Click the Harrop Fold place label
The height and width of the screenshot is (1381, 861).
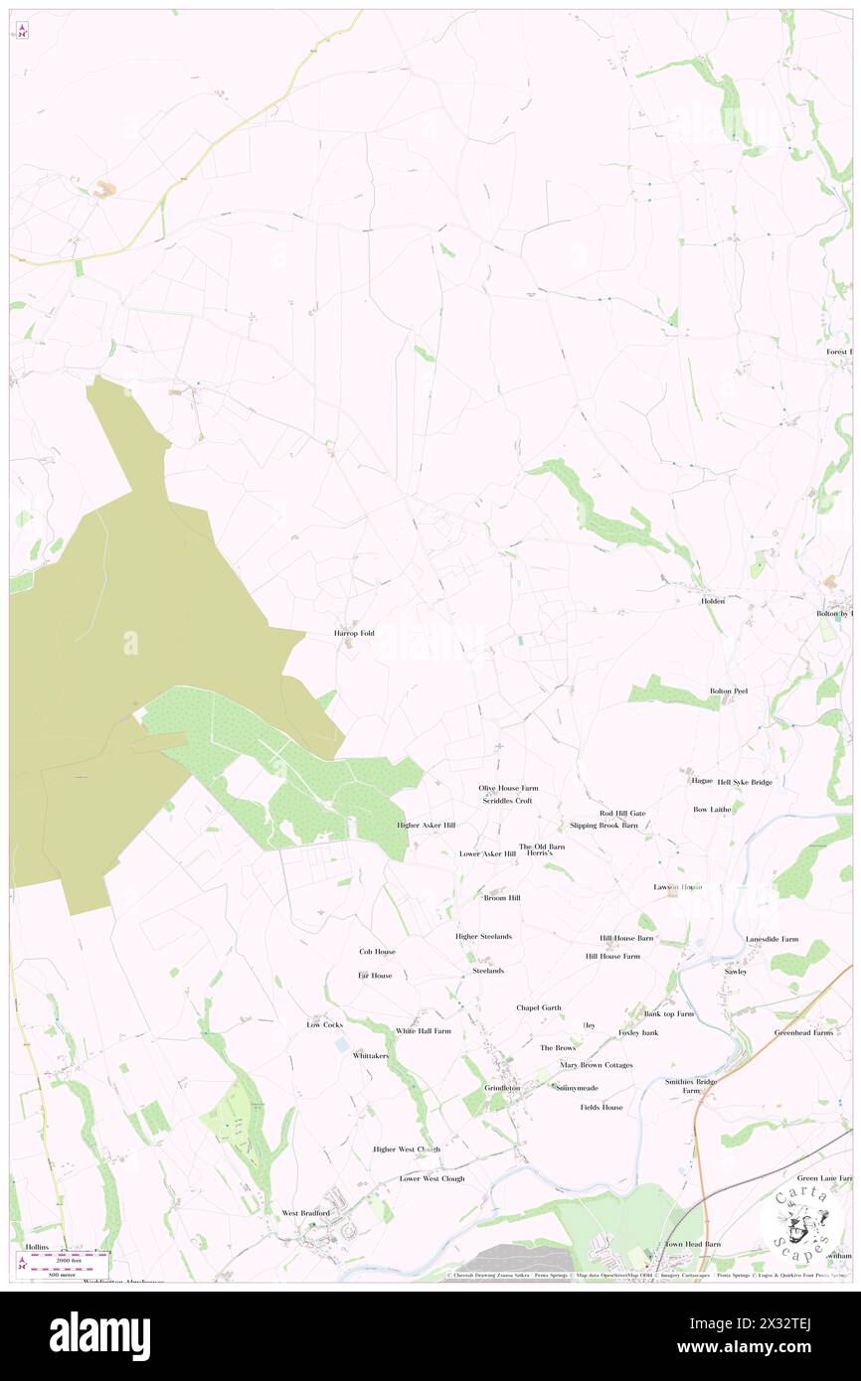point(354,633)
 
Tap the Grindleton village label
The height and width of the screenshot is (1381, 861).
point(502,1088)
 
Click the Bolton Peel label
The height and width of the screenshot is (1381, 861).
point(728,690)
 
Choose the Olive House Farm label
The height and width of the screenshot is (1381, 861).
point(508,788)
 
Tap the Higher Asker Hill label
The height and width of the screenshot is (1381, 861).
point(426,826)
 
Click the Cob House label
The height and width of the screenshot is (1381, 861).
point(378,952)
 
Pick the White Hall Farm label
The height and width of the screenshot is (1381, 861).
point(424,1031)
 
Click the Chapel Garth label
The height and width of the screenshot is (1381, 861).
point(539,1007)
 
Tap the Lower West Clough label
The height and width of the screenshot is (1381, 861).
point(431,1178)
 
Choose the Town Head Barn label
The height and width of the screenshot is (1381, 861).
point(693,1244)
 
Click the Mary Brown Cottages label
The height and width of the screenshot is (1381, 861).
point(597,1065)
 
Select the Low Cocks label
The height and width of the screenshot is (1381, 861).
point(324,1024)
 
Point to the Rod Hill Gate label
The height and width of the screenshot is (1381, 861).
point(622,813)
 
